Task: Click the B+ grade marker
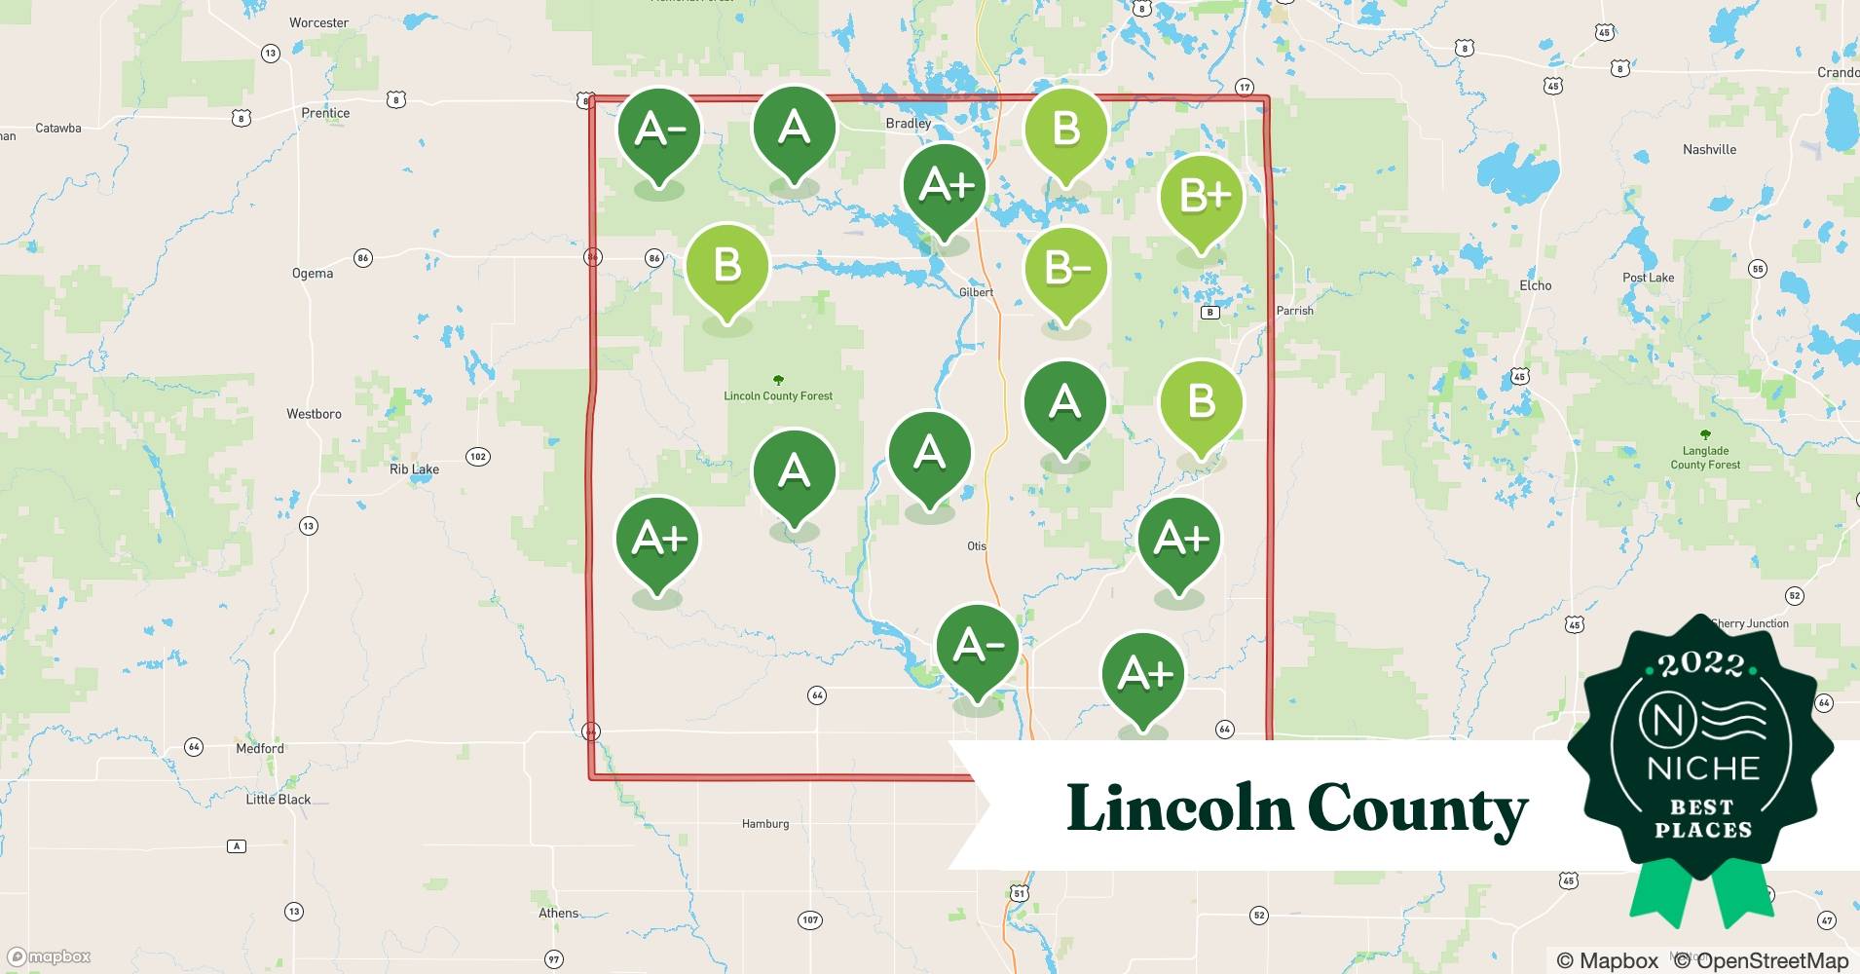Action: (1202, 198)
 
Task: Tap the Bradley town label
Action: (908, 124)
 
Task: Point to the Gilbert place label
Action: (976, 292)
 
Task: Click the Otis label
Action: (977, 546)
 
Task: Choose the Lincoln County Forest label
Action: (778, 395)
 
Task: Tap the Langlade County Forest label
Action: (1705, 458)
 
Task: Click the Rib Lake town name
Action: (414, 469)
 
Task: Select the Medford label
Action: (260, 749)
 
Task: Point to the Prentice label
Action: (325, 113)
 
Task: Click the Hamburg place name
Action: (765, 824)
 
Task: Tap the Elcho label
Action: (1535, 285)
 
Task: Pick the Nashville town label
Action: (1709, 150)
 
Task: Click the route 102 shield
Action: (477, 457)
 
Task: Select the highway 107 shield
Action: (810, 919)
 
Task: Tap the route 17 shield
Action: (1244, 88)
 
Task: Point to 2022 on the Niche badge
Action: (1700, 664)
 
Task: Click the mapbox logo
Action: (49, 957)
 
